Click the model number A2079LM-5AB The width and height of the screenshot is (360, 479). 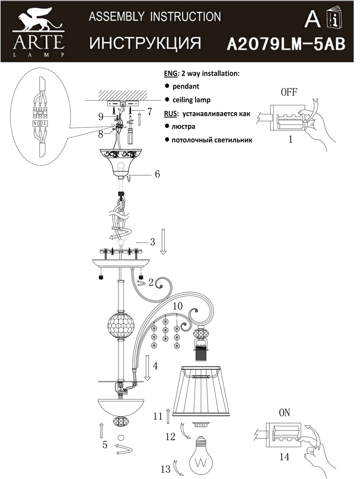pos(285,44)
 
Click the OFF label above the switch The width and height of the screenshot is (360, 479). pos(289,93)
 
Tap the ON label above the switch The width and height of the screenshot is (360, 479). pos(284,413)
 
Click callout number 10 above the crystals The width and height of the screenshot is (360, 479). pos(177,305)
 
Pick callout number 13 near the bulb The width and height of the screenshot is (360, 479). pos(165,469)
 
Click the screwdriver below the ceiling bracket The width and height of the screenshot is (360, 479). pos(129,136)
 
